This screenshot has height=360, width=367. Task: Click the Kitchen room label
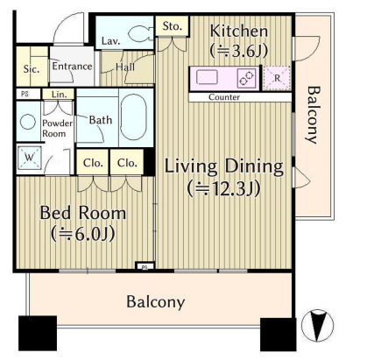[x=238, y=31]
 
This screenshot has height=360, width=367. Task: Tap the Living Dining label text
[x=224, y=166]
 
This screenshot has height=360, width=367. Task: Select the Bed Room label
[x=83, y=213]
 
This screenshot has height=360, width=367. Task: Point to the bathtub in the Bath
[x=133, y=117]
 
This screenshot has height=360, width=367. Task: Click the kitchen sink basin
[x=207, y=78]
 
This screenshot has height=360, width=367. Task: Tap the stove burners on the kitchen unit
[x=246, y=78]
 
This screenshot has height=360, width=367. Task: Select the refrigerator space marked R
[x=277, y=78]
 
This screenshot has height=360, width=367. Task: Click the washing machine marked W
[x=29, y=158]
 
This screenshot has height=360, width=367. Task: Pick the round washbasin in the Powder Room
[x=28, y=122]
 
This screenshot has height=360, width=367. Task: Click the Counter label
[x=224, y=97]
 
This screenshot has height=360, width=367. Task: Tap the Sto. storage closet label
[x=173, y=26]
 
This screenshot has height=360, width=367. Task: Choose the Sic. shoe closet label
[x=32, y=69]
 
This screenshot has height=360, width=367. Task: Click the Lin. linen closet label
[x=59, y=94]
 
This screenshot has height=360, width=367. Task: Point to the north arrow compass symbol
[x=317, y=326]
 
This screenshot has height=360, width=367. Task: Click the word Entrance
[x=72, y=67]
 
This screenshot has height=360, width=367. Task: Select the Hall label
[x=125, y=67]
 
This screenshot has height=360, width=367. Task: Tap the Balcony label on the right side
[x=313, y=115]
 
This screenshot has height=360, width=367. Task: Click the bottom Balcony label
[x=156, y=301]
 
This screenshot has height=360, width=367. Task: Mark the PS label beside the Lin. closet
[x=25, y=95]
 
